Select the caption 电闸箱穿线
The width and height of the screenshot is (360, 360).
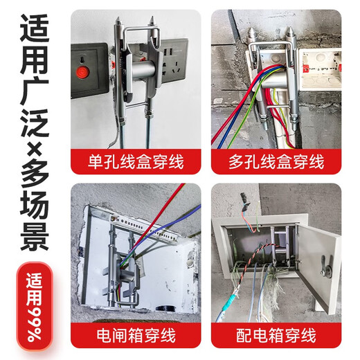pos(136,338)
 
